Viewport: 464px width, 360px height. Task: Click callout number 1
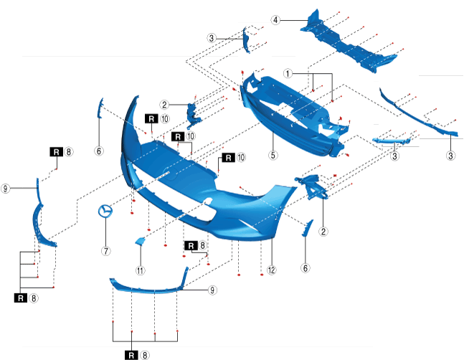point(288,73)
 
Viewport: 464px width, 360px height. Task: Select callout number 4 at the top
point(275,20)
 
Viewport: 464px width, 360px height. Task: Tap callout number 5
point(273,153)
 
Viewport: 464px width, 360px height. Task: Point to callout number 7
point(105,251)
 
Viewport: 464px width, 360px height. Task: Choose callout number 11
point(141,270)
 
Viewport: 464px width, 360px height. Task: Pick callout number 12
point(271,270)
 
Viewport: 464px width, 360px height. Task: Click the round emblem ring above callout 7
point(105,212)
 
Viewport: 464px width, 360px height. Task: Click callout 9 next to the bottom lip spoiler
point(212,290)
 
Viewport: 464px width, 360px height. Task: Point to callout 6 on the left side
point(99,151)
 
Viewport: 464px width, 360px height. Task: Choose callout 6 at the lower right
point(306,267)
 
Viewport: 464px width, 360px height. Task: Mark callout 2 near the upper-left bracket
point(164,104)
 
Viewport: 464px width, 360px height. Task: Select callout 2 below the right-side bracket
point(323,231)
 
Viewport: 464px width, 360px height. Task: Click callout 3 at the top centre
point(212,37)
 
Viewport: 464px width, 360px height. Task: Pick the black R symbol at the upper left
point(55,152)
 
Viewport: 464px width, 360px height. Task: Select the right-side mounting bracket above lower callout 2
point(313,185)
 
